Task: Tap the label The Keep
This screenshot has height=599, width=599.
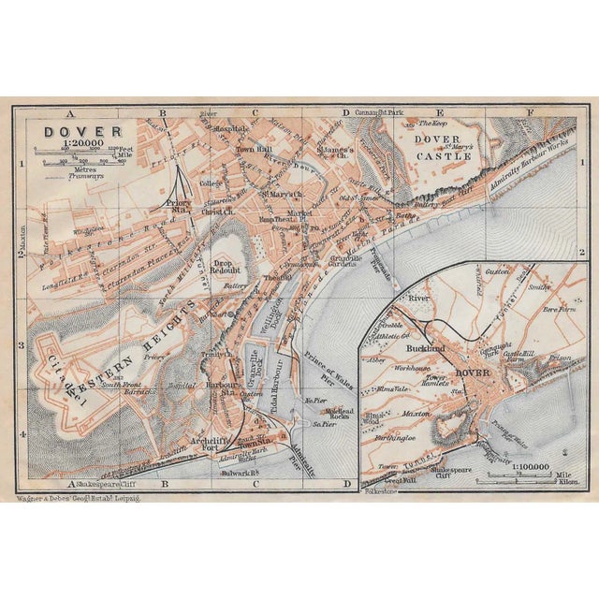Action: [433, 123]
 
